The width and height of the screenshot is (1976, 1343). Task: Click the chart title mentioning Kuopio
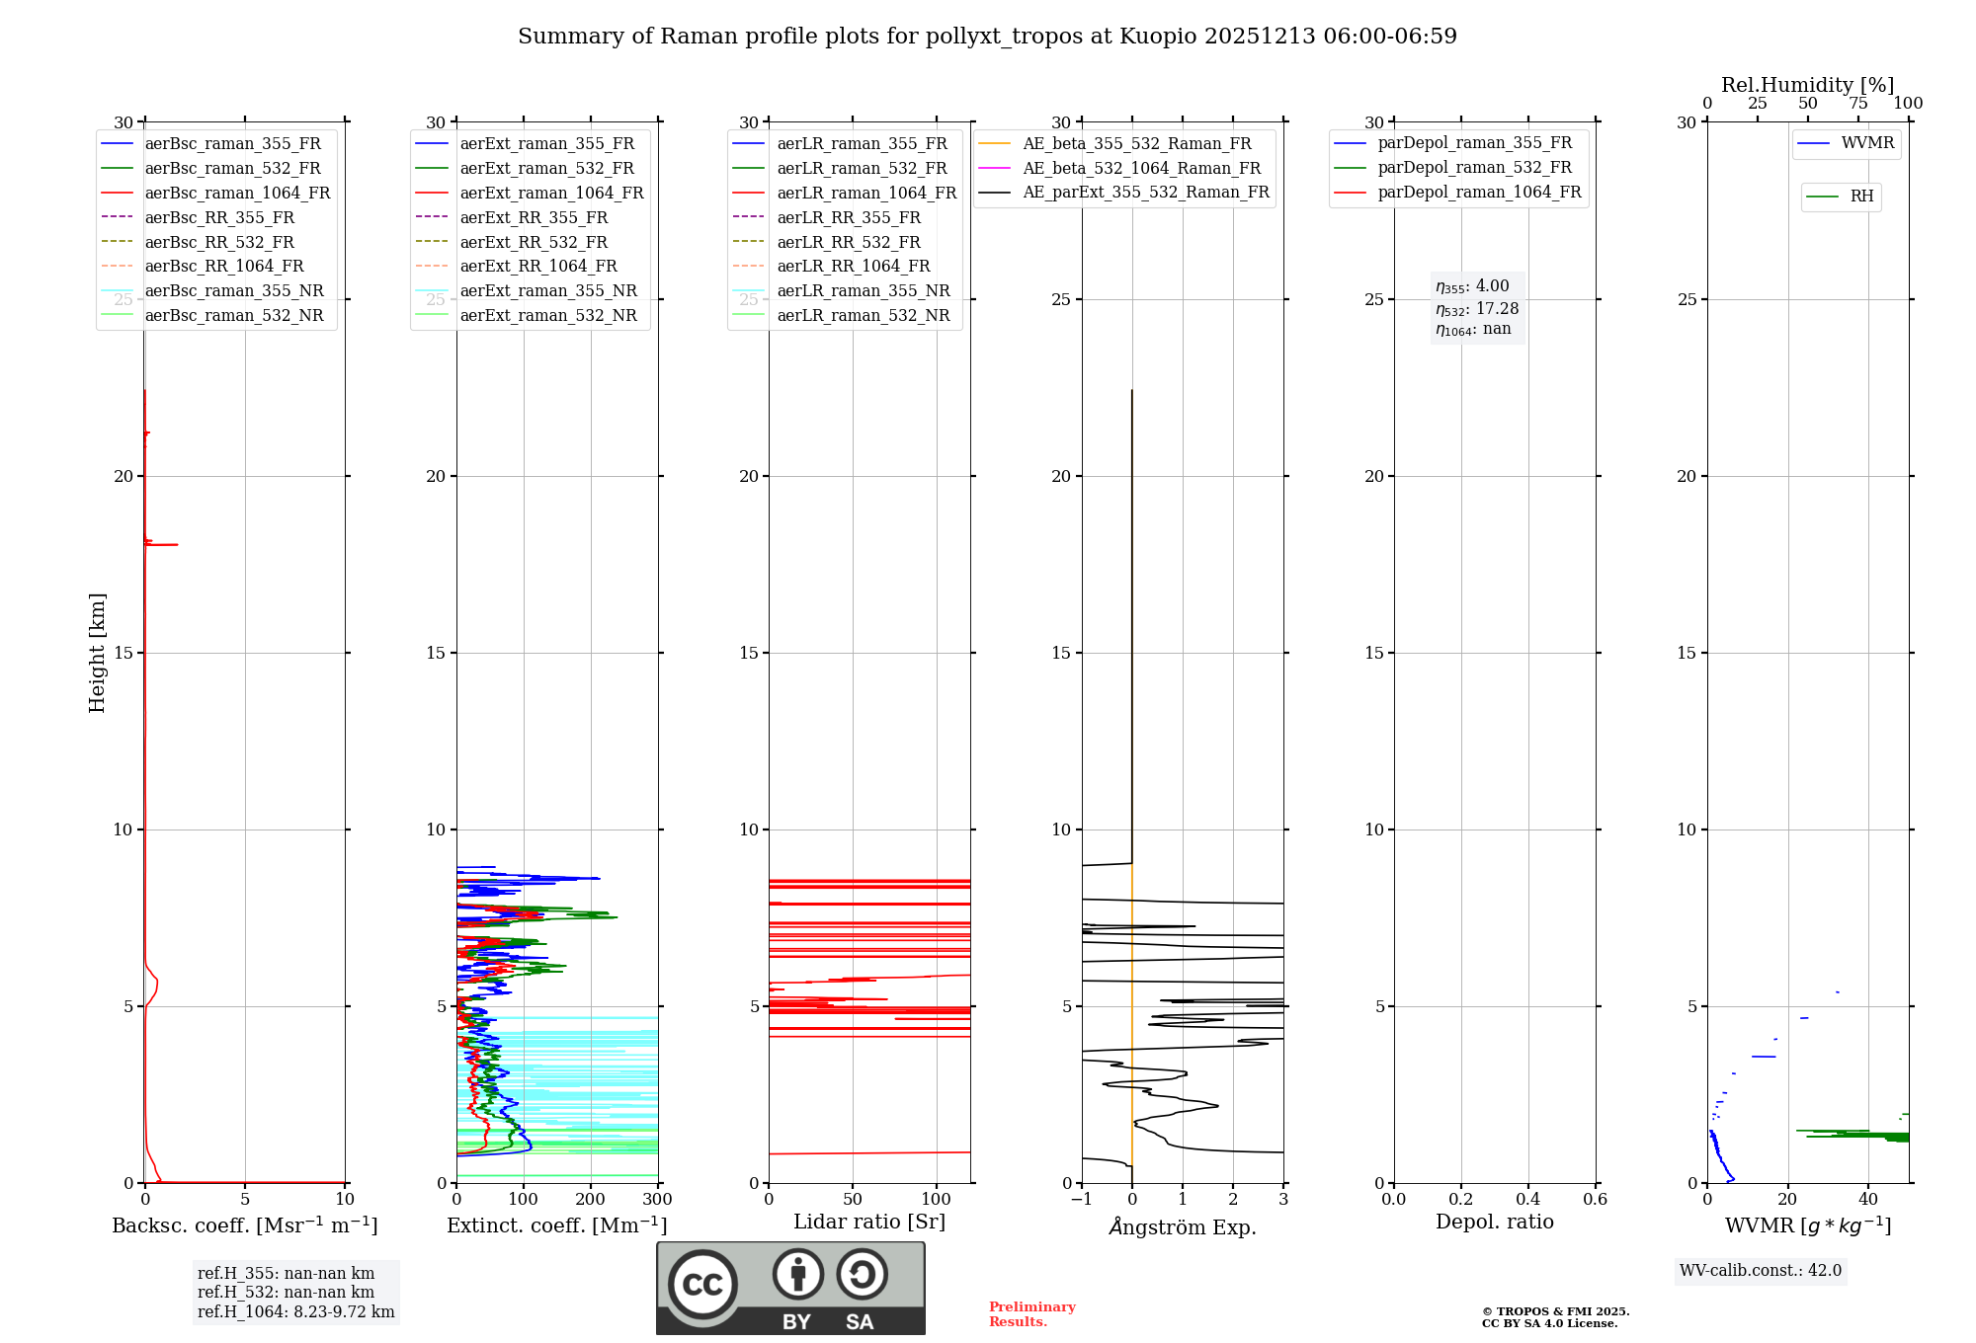(x=987, y=37)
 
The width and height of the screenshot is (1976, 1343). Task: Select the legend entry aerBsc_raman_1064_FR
(x=237, y=193)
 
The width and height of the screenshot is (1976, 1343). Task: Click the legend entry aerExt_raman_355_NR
(x=548, y=290)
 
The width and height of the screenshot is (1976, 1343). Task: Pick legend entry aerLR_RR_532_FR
(x=848, y=242)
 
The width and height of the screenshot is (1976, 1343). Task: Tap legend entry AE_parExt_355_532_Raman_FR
(x=1146, y=192)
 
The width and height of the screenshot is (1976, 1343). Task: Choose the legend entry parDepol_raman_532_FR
(x=1474, y=168)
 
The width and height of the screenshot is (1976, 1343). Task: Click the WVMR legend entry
(x=1867, y=143)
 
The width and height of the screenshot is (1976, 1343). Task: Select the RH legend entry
(x=1861, y=197)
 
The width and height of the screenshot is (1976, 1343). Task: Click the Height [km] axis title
(x=97, y=652)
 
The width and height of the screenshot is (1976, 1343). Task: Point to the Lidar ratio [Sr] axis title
(x=869, y=1222)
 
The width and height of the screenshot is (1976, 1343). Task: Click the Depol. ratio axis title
(x=1494, y=1222)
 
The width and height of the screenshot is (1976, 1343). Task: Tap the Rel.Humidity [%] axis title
(x=1807, y=85)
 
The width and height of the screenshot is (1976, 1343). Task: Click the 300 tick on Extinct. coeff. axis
(x=657, y=1199)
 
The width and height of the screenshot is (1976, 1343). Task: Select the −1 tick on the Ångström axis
(x=1081, y=1199)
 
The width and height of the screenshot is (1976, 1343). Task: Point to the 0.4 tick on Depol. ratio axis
(x=1527, y=1199)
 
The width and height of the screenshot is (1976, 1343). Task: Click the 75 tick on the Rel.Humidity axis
(x=1858, y=104)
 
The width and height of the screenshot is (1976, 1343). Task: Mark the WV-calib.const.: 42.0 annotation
(x=1761, y=1270)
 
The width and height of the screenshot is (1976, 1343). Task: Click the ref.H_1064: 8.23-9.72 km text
(x=295, y=1311)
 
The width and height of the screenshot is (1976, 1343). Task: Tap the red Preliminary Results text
(x=1031, y=1313)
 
